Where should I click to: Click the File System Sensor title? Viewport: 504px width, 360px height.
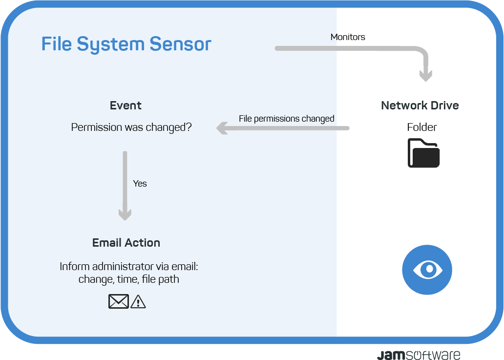tap(126, 44)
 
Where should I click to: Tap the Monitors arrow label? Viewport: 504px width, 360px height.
tap(348, 37)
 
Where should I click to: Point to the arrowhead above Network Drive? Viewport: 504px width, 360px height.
tap(425, 75)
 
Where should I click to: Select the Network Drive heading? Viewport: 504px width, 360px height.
tap(420, 106)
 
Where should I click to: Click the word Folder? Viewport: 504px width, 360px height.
tap(422, 127)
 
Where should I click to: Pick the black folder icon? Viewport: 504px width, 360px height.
tap(423, 153)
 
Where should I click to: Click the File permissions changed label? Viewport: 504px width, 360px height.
tap(286, 119)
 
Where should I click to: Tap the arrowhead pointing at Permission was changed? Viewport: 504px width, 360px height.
tap(222, 128)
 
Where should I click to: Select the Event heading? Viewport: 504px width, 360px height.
tap(126, 106)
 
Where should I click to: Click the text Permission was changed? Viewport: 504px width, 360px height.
tap(131, 127)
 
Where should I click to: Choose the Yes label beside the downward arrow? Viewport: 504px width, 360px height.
tap(140, 184)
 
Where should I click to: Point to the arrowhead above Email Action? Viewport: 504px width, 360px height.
tap(125, 214)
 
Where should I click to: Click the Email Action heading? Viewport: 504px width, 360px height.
tap(126, 243)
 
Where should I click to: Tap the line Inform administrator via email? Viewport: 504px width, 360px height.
tap(129, 267)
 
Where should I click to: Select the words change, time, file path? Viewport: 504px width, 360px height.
tap(128, 279)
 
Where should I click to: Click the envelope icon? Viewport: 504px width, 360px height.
tap(119, 301)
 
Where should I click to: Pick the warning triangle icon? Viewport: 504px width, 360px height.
tap(138, 302)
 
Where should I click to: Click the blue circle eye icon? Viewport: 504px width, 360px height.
tap(427, 270)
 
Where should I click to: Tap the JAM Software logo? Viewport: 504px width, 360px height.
tap(419, 355)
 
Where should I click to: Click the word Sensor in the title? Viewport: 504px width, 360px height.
tap(180, 44)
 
